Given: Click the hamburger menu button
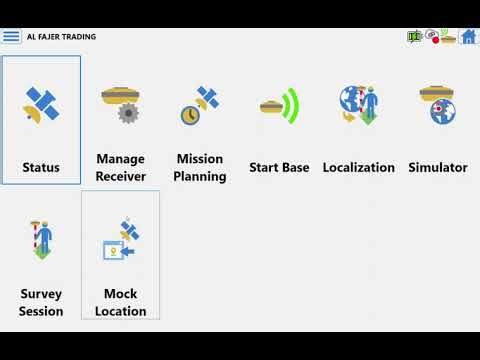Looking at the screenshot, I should (x=11, y=37).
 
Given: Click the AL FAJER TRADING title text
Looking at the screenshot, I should (x=62, y=37).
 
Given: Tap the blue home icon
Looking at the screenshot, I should (x=467, y=37).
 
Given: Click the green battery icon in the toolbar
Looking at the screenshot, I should (x=414, y=37).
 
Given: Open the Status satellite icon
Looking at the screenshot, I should (x=41, y=105).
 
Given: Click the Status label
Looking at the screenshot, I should (x=41, y=167).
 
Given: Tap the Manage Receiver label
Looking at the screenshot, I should (x=120, y=167).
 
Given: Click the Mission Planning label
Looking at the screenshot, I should (x=199, y=167).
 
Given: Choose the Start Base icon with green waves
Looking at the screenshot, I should (x=279, y=105).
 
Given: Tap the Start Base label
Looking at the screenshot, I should (x=279, y=167).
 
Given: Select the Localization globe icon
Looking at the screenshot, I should (x=358, y=105).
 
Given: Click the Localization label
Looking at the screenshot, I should (x=358, y=167).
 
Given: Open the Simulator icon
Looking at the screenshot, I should (x=438, y=105).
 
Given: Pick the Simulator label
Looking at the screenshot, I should (x=438, y=167).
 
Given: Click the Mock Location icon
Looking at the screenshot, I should (x=120, y=240).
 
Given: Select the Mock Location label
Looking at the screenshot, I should (x=120, y=302).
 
